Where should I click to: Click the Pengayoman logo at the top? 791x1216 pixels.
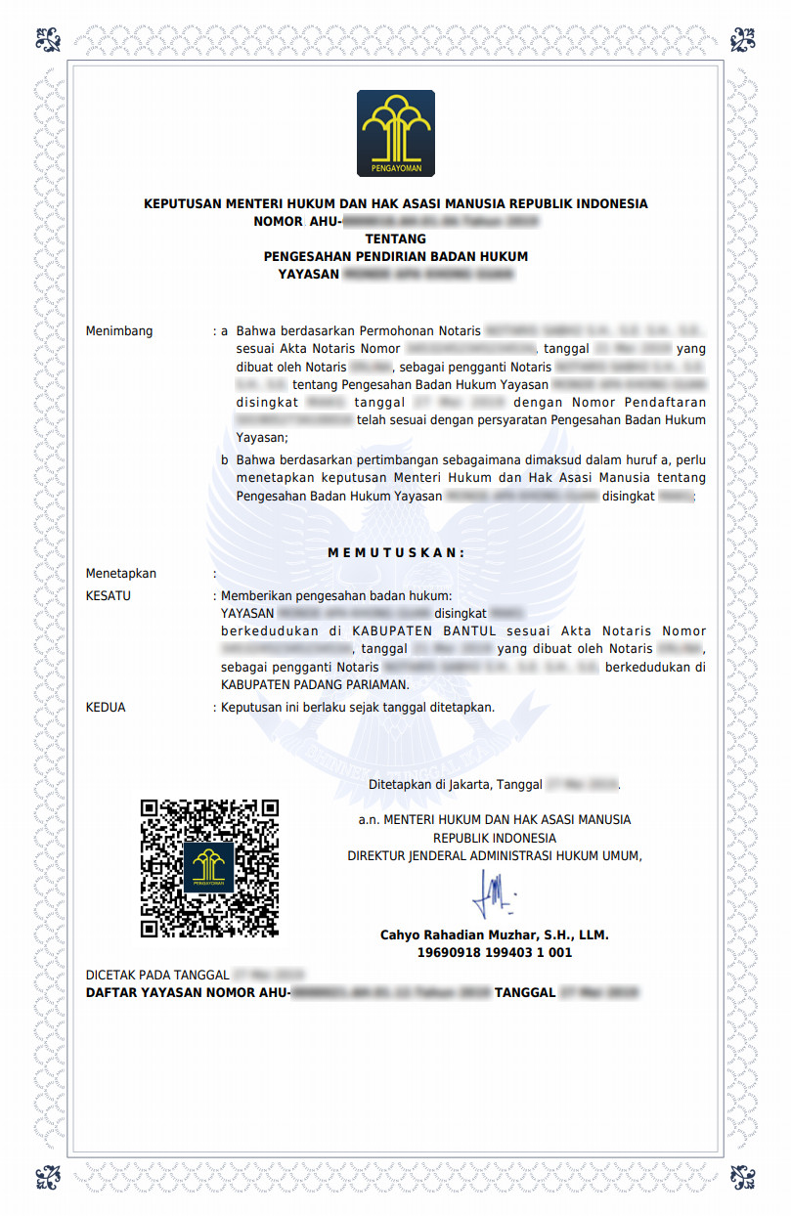[x=395, y=134]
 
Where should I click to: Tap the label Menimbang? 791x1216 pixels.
[x=119, y=331]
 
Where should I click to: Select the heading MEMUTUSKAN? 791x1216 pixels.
[x=396, y=552]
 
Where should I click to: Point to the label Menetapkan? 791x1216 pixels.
[x=121, y=574]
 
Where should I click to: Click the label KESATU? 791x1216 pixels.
[x=109, y=595]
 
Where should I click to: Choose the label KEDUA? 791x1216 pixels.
[x=106, y=707]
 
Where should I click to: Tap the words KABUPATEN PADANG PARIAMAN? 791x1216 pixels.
[x=315, y=684]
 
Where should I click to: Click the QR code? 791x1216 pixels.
[x=209, y=868]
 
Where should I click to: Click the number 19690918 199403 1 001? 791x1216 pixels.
[x=494, y=952]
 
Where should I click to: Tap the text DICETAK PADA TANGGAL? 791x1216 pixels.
[x=157, y=976]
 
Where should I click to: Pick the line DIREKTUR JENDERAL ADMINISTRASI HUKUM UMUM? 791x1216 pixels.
[x=494, y=856]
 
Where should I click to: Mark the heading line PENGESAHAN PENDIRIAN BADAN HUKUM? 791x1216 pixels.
[x=395, y=257]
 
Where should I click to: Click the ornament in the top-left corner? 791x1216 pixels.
[x=48, y=40]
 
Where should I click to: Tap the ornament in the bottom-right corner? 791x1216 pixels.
[x=743, y=1176]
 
